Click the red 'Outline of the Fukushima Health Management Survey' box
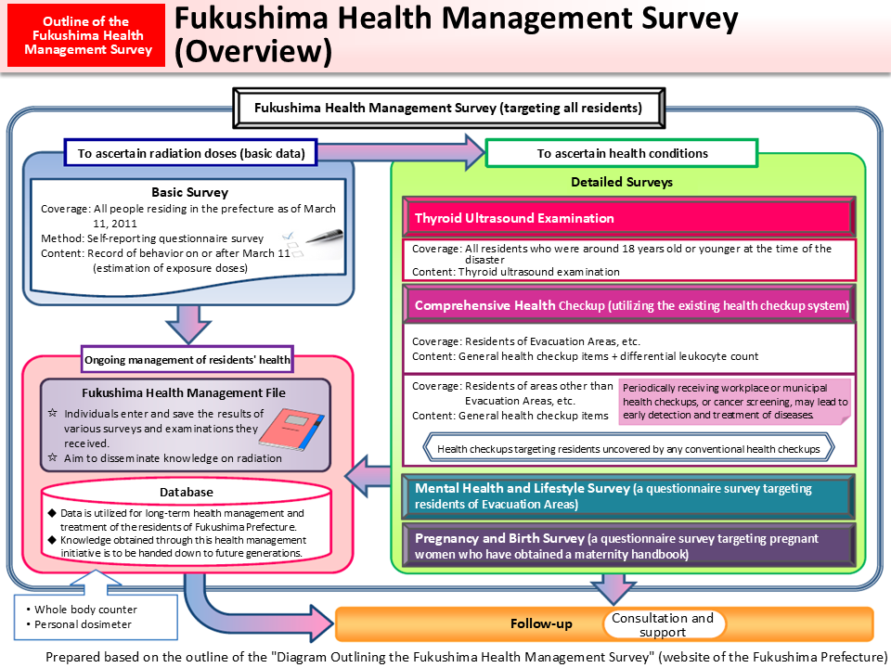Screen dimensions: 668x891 (x=88, y=35)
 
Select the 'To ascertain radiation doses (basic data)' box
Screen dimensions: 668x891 (x=190, y=153)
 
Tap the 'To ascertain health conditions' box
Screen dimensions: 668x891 (x=622, y=153)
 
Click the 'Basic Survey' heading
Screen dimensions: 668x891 (x=189, y=193)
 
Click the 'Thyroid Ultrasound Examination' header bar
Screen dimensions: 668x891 (x=628, y=218)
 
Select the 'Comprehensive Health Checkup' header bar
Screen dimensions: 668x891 (x=628, y=305)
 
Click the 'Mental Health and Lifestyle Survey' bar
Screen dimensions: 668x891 (x=628, y=496)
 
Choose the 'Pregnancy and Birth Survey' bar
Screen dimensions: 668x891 (x=628, y=546)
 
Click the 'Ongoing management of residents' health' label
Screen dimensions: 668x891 (x=187, y=359)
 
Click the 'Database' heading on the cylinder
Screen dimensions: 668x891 (x=188, y=492)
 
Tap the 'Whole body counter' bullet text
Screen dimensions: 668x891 (x=85, y=610)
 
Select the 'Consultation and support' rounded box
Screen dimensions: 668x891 (x=663, y=624)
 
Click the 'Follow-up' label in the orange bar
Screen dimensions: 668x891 (x=541, y=624)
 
